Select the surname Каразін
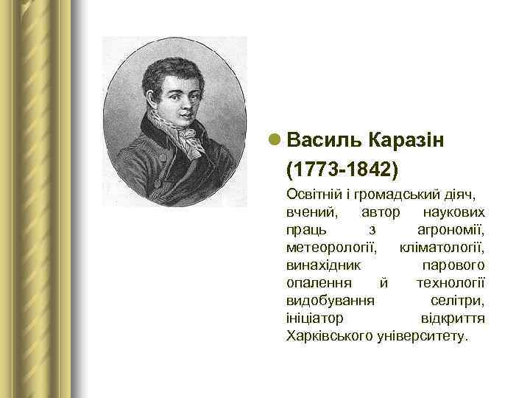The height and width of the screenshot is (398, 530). point(404,140)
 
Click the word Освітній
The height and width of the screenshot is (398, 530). point(315,195)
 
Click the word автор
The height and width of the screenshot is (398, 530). point(381,212)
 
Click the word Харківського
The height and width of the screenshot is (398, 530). point(330,336)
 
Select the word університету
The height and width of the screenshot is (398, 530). point(422,336)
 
